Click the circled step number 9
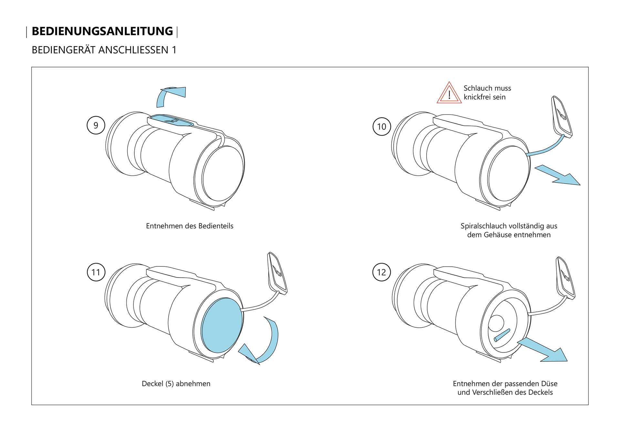coord(96,125)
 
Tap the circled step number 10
coord(382,126)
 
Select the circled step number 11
coord(96,272)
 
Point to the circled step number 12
coord(381,272)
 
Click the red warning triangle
coord(449,94)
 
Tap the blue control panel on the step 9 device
coord(171,120)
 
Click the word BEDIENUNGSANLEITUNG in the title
coord(102,31)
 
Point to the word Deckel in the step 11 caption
coord(152,383)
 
